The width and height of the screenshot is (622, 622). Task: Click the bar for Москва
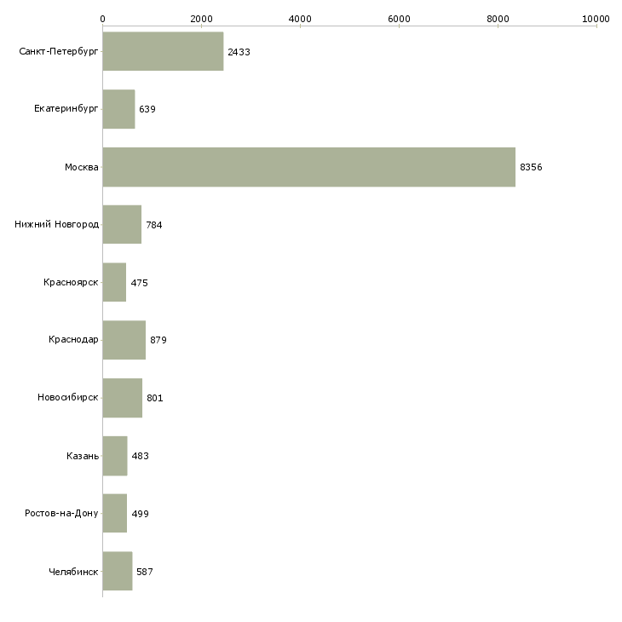308,167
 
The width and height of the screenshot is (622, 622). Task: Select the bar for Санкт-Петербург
163,52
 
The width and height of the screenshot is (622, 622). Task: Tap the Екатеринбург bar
118,109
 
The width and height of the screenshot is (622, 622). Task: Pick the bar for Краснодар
124,340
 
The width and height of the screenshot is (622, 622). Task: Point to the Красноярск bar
114,282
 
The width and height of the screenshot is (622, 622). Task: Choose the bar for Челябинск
117,571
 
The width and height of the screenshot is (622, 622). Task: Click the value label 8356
531,167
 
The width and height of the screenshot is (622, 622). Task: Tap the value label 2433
239,52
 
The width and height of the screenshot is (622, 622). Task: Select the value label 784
154,225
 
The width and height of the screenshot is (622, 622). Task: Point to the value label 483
141,456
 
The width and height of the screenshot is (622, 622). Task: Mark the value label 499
141,514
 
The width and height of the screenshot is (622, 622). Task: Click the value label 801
155,398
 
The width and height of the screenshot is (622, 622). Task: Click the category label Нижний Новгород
57,225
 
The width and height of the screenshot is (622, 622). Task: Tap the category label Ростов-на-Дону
61,514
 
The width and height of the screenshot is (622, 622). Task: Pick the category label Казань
83,456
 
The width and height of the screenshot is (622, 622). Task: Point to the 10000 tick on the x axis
596,18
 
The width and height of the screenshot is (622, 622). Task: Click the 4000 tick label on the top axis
300,18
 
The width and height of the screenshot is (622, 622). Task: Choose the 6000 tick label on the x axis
399,18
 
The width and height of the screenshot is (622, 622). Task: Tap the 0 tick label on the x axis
102,18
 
